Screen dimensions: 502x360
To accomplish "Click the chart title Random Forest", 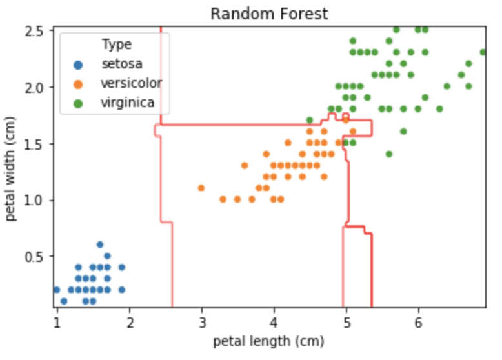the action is coord(269,14).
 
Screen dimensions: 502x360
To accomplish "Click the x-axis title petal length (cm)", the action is coord(268,341).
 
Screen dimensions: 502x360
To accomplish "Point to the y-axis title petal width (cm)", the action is coord(10,168).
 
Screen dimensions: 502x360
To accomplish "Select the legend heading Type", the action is coord(117,45).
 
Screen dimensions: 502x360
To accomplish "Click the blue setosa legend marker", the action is coord(78,65).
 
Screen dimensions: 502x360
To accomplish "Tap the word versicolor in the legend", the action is coord(132,83).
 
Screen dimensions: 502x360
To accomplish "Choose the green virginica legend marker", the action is coord(78,103).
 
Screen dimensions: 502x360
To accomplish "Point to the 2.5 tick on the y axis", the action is coord(34,32).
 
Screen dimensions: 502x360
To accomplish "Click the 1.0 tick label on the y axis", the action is coord(34,201).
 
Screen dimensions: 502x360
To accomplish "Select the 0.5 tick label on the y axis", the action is coord(34,257).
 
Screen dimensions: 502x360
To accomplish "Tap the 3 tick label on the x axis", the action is coord(202,323).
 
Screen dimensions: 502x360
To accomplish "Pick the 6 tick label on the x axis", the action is coord(418,323).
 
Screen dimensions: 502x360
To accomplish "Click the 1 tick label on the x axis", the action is coord(57,323).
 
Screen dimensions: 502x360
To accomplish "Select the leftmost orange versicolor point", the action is coord(201,188).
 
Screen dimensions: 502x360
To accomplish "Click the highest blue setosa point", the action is coord(100,245).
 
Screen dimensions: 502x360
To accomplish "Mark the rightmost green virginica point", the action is coord(483,52).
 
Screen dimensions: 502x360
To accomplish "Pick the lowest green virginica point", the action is coord(389,154).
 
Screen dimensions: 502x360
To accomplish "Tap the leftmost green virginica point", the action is coord(310,120).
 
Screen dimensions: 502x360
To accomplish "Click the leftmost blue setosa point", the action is coord(57,290).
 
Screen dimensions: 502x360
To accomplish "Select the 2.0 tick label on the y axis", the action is coord(34,88).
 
